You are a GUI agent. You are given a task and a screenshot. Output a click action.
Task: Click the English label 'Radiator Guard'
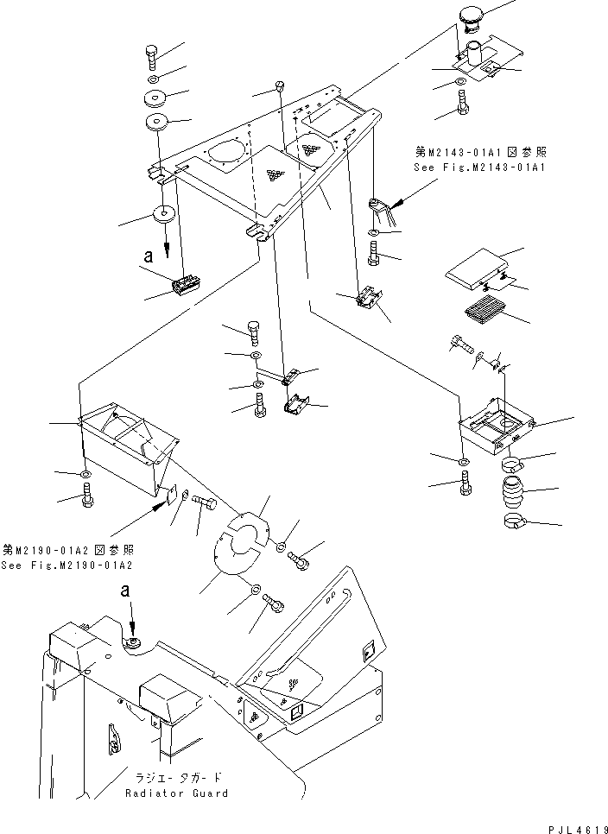click(x=177, y=793)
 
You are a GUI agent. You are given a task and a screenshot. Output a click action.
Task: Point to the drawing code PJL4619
click(x=573, y=827)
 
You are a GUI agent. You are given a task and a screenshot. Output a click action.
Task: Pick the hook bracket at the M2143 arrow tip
click(x=380, y=208)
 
